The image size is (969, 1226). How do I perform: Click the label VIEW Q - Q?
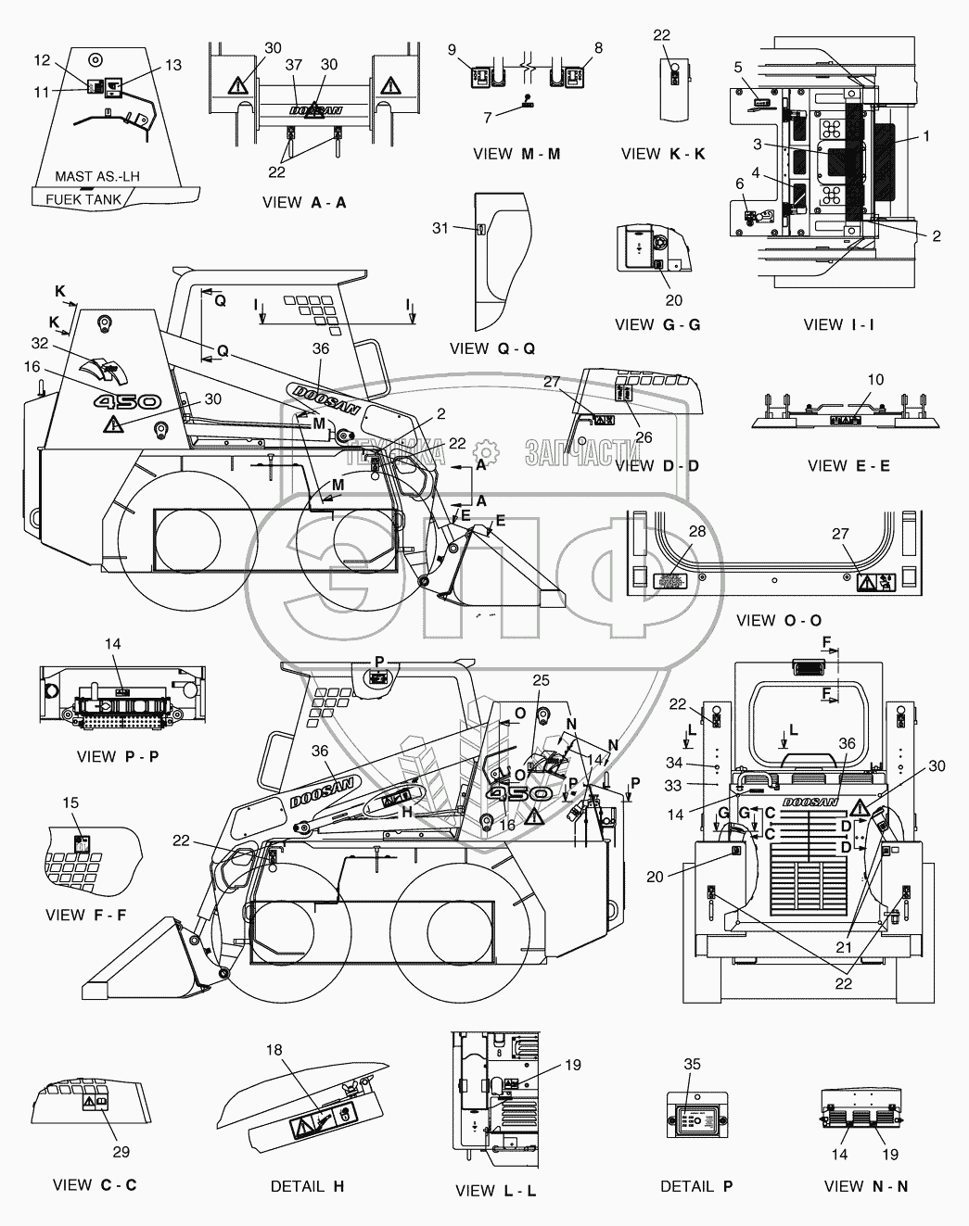click(x=491, y=348)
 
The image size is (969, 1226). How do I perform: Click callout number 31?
click(x=440, y=227)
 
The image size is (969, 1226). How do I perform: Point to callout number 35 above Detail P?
click(x=691, y=1065)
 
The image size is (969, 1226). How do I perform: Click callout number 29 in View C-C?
click(x=121, y=1152)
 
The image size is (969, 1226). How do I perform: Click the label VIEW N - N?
click(x=865, y=1185)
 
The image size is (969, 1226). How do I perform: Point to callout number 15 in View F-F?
click(x=70, y=803)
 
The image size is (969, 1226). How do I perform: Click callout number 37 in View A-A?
click(x=293, y=64)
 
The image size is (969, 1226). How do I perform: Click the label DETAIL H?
click(x=307, y=1185)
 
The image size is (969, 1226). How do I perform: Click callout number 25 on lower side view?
click(x=541, y=680)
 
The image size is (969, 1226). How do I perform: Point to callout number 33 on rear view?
click(x=673, y=785)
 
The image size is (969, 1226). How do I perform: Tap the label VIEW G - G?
click(x=657, y=324)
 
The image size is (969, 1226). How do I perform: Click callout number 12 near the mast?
click(x=42, y=60)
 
